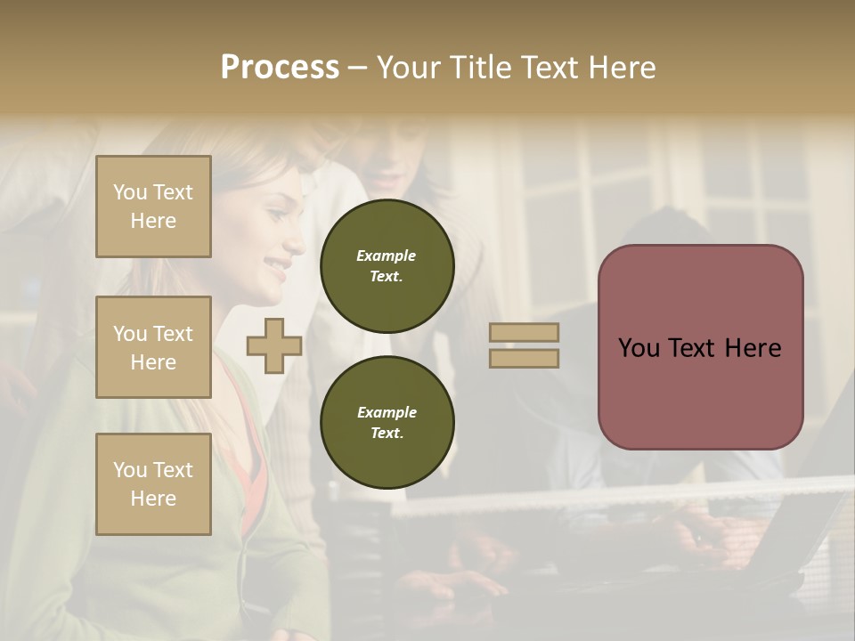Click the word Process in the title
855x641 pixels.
(x=280, y=68)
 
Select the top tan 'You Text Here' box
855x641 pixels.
(x=153, y=207)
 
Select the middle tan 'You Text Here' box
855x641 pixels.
(x=153, y=347)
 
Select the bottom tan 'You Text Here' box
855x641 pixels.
(x=153, y=484)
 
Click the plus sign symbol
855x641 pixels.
(x=274, y=345)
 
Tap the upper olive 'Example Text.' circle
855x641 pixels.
(x=387, y=266)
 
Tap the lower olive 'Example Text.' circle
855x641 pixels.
(x=387, y=423)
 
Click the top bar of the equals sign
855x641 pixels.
(x=524, y=333)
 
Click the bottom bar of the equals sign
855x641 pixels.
(x=524, y=358)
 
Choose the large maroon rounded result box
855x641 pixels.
(x=700, y=347)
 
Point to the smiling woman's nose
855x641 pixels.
(x=296, y=242)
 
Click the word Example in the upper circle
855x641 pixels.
(x=387, y=256)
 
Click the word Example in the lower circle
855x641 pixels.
(x=387, y=412)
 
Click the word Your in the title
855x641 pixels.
(x=408, y=68)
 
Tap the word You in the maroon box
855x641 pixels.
(x=639, y=348)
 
